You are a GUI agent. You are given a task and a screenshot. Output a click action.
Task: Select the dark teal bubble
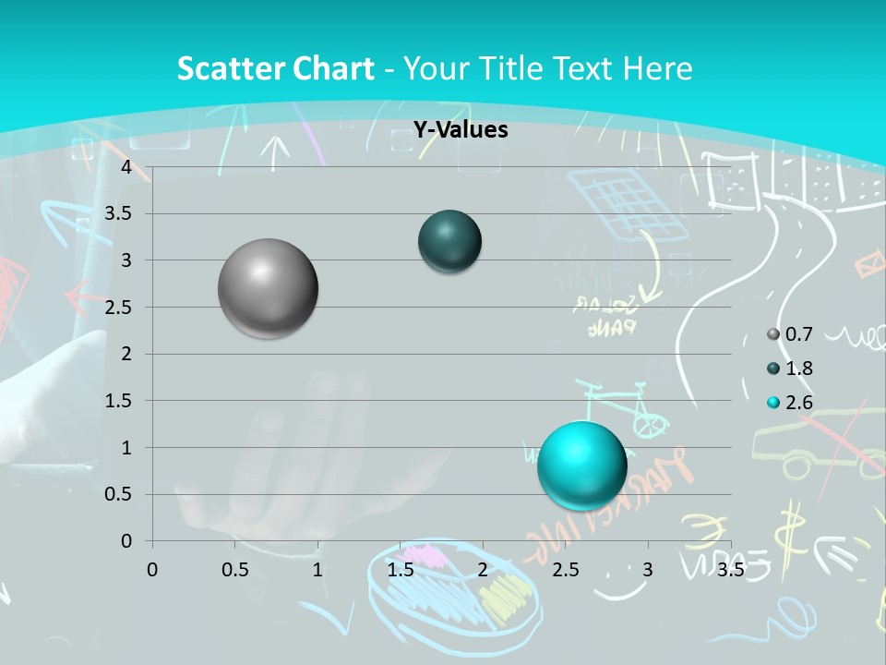449,241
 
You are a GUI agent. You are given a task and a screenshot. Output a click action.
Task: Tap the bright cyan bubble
581,465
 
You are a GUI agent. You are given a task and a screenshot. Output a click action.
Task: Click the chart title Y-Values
460,130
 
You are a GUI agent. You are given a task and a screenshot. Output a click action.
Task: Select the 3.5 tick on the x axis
730,570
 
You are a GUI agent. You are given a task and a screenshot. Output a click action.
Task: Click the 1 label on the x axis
317,570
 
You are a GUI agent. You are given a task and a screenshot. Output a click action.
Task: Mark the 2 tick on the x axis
483,570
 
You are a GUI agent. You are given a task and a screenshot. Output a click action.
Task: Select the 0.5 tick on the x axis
234,570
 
